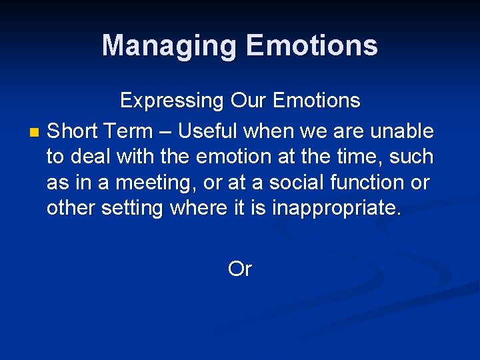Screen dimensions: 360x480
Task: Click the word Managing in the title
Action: pyautogui.click(x=169, y=46)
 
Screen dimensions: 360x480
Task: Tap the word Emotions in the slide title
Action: pyautogui.click(x=311, y=46)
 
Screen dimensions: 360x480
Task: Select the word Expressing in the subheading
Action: pyautogui.click(x=171, y=101)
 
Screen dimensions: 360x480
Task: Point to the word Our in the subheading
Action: pyautogui.click(x=248, y=101)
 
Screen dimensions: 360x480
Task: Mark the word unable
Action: pyautogui.click(x=402, y=131)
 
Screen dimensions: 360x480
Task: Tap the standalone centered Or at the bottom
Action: pyautogui.click(x=239, y=269)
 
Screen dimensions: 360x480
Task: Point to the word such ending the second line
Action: pyautogui.click(x=414, y=157)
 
